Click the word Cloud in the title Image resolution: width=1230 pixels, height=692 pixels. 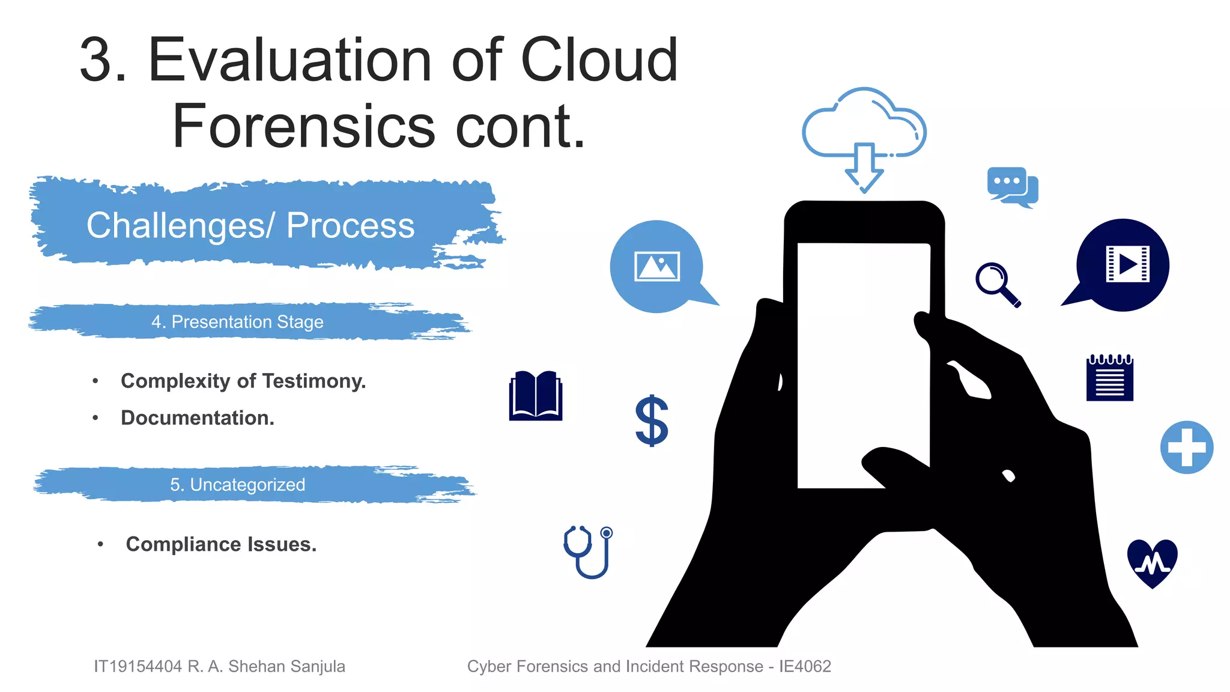pos(599,60)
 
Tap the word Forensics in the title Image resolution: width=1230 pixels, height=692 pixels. pos(303,127)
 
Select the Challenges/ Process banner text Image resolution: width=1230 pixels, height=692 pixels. pos(250,226)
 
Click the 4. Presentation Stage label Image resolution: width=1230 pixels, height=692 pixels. pos(237,322)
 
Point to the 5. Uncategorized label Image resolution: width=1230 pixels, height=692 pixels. pos(237,485)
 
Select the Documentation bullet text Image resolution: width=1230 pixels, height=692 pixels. pos(198,418)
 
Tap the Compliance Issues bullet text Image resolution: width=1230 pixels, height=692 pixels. pos(221,544)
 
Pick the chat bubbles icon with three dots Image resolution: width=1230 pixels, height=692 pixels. pos(1012,186)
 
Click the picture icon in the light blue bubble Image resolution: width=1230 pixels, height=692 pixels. pos(657,266)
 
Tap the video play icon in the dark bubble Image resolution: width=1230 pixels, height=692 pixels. pos(1127,264)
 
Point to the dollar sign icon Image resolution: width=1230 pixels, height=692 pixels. pos(652,421)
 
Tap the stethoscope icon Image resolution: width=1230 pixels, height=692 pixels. pos(589,551)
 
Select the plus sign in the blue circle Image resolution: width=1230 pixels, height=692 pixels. pos(1186,448)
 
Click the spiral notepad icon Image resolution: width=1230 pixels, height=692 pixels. pos(1109,378)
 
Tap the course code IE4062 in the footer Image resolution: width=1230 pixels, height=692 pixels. pos(805,666)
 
